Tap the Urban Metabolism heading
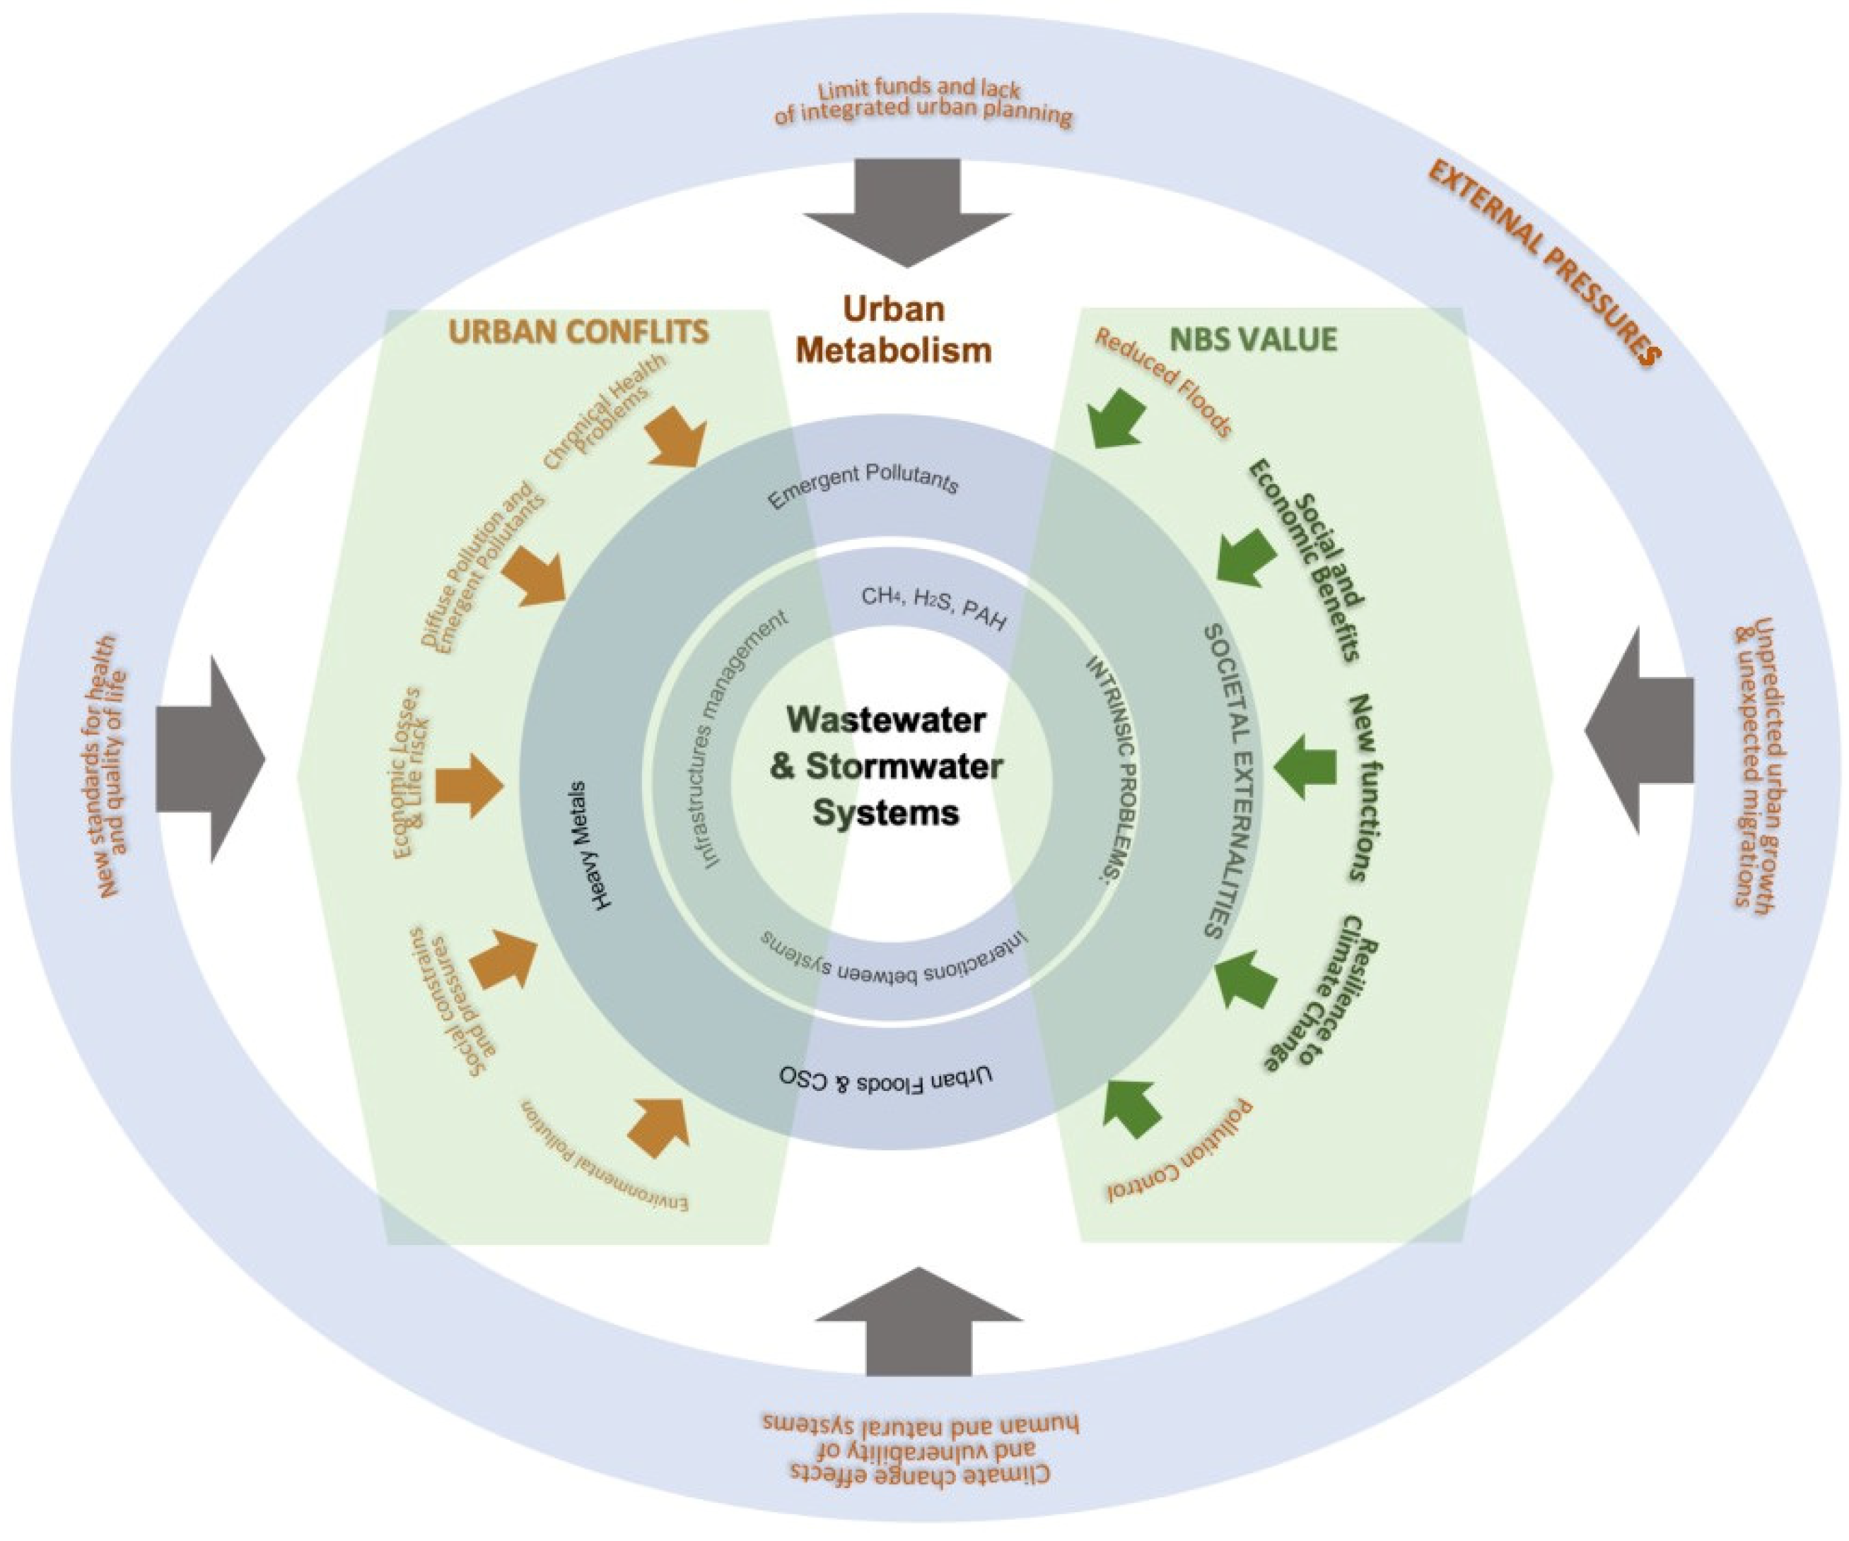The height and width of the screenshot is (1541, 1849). pos(894,330)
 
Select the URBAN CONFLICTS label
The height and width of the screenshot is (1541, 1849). pos(578,332)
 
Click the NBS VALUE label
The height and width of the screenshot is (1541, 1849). pos(1253,339)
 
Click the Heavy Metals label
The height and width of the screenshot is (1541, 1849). pos(590,845)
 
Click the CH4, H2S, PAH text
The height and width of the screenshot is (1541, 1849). pos(934,607)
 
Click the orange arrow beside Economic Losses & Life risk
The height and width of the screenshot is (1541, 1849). pos(468,785)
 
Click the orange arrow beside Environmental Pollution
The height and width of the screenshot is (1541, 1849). pos(662,1125)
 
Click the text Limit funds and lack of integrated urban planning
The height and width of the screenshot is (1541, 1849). pos(923,104)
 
